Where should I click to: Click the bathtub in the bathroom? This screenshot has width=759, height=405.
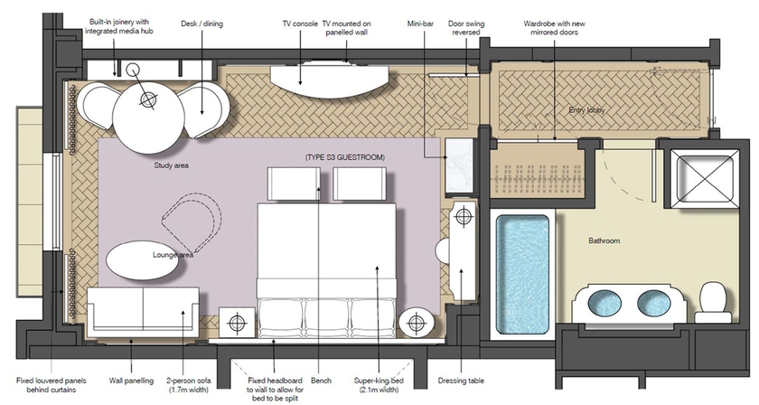pos(523,271)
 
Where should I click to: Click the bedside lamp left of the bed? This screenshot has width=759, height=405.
pos(239,323)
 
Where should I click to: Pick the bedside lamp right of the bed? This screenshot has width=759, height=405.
pos(415,323)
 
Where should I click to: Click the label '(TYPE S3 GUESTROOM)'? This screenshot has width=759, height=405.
pos(345,158)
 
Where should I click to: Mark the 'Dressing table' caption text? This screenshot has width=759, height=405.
pos(459,381)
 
